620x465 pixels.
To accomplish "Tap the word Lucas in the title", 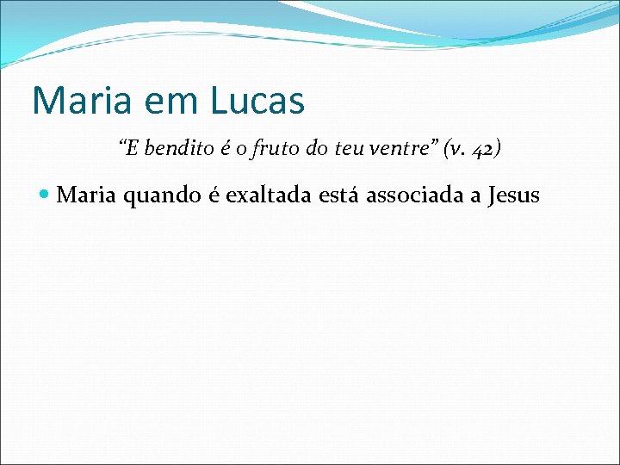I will [257, 100].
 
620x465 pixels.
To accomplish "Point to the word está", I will [340, 196].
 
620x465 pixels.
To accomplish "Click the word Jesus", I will [513, 196].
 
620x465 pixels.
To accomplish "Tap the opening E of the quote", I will [132, 149].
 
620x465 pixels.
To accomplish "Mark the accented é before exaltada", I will [216, 196].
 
